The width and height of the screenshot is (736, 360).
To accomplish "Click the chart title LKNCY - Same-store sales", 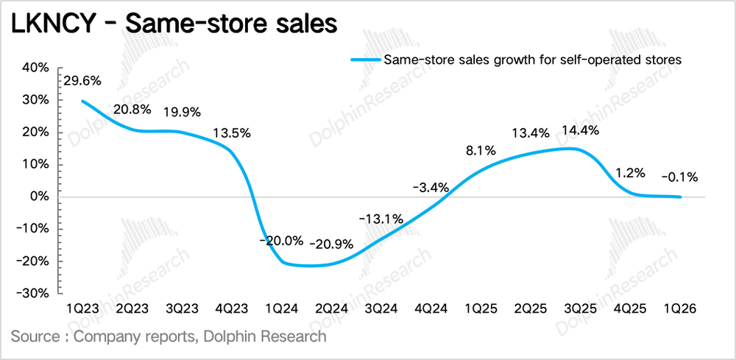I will pyautogui.click(x=174, y=24).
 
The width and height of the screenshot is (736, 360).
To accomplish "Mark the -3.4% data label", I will pyautogui.click(x=429, y=187).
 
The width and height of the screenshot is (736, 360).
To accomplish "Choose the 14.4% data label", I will pyautogui.click(x=578, y=130).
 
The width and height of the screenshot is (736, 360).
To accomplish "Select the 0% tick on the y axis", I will pyautogui.click(x=40, y=197).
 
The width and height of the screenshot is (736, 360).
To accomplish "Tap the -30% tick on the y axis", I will pyautogui.click(x=33, y=293).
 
